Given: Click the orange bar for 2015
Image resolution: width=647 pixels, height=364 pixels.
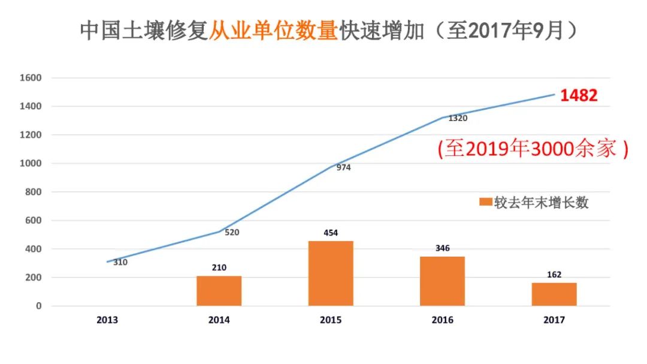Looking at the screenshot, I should tap(331, 273).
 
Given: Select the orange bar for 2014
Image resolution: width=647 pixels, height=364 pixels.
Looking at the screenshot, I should tap(219, 291).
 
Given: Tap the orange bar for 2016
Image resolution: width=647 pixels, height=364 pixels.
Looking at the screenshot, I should tap(442, 281).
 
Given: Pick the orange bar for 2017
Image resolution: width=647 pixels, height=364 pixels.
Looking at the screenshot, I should tap(554, 294).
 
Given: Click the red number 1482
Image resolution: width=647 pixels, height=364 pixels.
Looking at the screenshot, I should tap(579, 96).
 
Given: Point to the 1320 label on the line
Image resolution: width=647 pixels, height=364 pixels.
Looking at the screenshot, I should tap(457, 118).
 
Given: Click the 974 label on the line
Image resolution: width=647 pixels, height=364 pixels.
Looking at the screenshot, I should tap(343, 167).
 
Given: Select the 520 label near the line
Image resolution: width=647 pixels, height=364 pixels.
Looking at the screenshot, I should tap(232, 232).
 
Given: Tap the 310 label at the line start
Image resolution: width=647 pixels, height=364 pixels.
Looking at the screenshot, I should tap(120, 262).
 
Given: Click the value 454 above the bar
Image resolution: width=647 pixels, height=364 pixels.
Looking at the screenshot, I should tap(330, 232).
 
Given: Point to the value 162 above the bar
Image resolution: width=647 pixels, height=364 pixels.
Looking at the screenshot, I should tap(554, 275).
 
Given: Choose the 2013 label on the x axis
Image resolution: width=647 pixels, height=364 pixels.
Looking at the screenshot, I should tap(107, 320).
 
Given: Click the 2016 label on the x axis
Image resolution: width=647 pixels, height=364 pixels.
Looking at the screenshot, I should tap(442, 320).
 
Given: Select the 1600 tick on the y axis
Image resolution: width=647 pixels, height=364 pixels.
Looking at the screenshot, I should tap(31, 78).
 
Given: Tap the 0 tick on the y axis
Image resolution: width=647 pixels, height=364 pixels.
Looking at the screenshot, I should tap(39, 306).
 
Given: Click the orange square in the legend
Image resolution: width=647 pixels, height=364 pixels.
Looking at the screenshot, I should tap(486, 203).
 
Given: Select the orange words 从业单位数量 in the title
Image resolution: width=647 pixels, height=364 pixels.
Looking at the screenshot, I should tap(273, 31).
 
